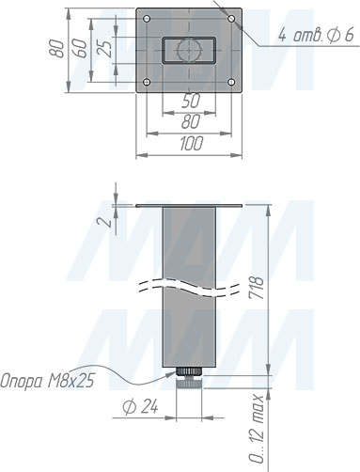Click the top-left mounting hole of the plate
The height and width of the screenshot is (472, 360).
[147, 19]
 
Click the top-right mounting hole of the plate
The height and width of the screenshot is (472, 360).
[231, 19]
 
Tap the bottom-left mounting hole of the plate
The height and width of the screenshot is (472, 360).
[147, 83]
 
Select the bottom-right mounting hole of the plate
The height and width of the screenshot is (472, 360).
[231, 83]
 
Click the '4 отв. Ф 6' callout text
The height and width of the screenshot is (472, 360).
[316, 35]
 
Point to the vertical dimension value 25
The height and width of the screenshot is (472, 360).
[106, 49]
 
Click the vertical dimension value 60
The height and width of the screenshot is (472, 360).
[80, 48]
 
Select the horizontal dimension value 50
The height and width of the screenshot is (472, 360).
[190, 102]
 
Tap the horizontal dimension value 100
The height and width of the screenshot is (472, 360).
[191, 144]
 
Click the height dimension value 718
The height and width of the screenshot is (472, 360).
[257, 287]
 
